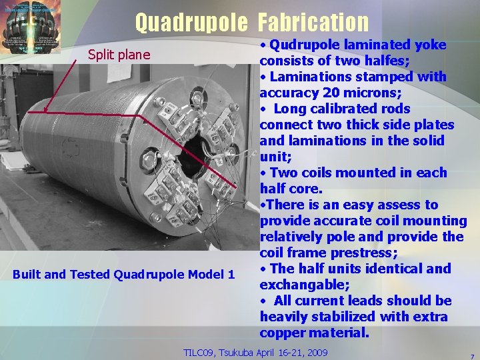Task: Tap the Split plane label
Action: (x=119, y=55)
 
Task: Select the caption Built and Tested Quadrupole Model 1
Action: (x=124, y=275)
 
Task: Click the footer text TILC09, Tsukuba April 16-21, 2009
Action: (x=255, y=352)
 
